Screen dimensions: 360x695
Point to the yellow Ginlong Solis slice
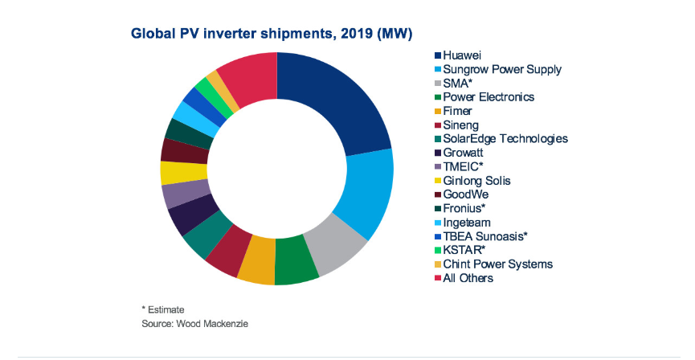coord(173,172)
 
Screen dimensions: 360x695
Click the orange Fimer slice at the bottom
coord(256,270)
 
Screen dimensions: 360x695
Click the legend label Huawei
coord(462,55)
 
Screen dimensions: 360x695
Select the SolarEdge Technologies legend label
coord(505,139)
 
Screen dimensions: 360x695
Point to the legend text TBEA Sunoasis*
coord(485,236)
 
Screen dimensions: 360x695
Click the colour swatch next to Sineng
coord(438,125)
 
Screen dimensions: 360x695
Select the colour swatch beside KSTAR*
coord(438,250)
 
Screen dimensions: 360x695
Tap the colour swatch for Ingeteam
coord(438,223)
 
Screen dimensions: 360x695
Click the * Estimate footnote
coord(163,309)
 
